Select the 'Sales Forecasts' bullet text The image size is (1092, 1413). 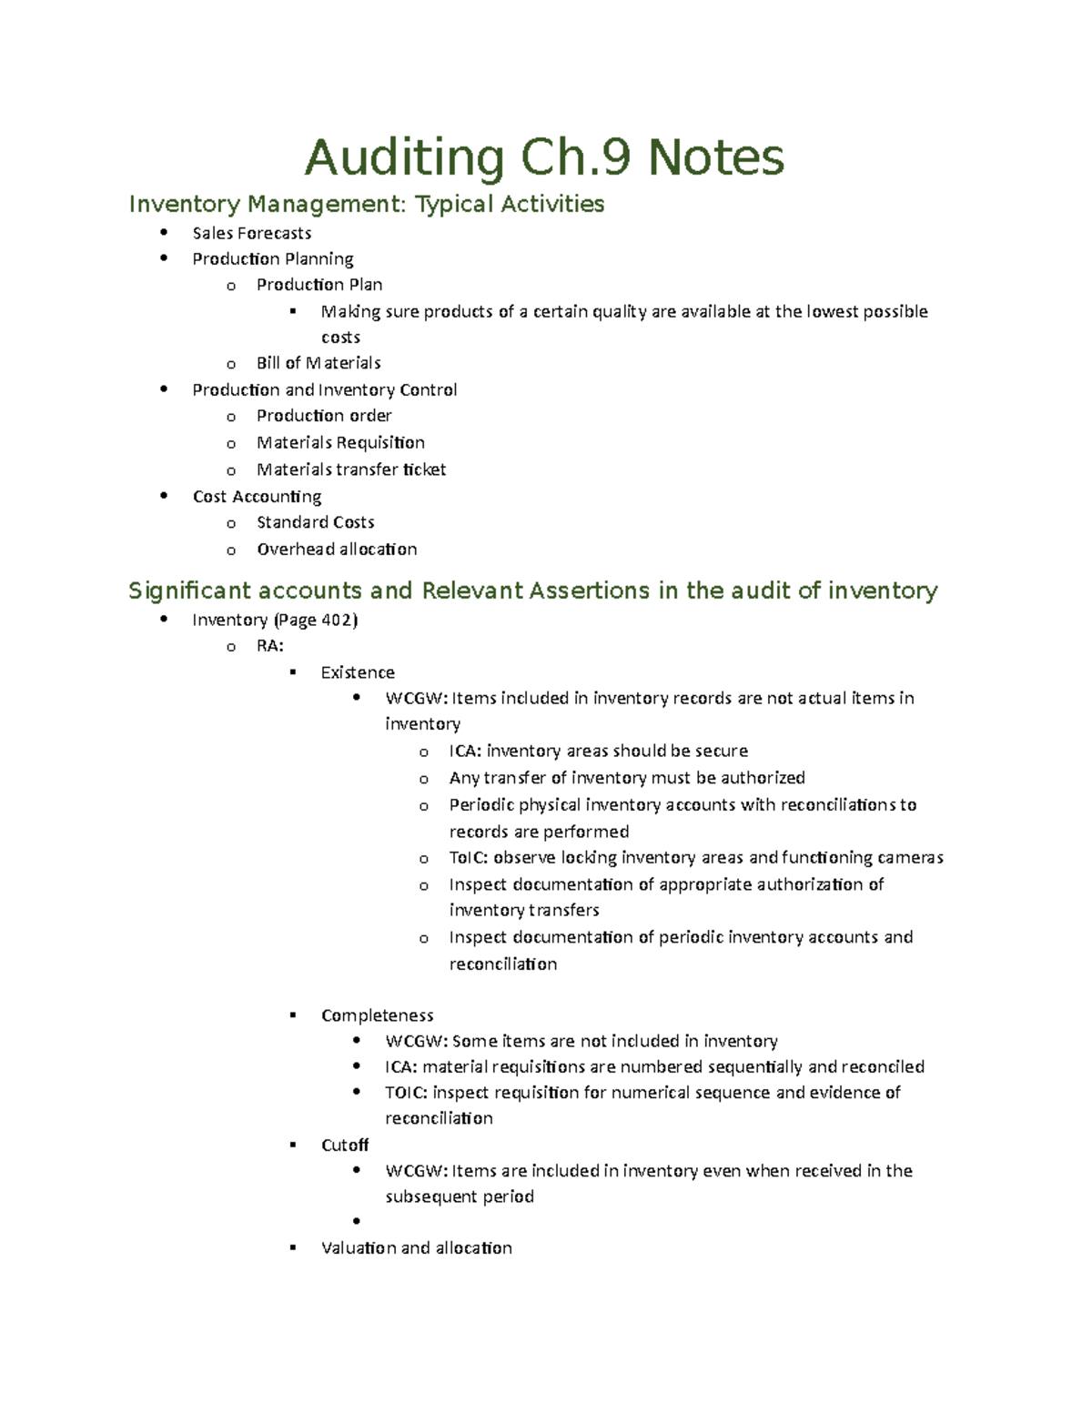point(252,233)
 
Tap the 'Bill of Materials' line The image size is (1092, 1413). point(318,363)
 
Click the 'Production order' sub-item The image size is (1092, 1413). point(324,416)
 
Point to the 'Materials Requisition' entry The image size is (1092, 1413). point(340,443)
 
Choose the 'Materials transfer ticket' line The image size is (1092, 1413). point(351,469)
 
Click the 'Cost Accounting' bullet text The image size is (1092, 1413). point(257,497)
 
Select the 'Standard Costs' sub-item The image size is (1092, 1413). point(315,522)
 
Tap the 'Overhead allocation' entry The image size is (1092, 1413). point(337,550)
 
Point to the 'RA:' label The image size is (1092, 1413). point(270,646)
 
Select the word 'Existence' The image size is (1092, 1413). point(358,672)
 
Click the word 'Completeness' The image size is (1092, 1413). point(377,1015)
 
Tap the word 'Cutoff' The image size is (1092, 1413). point(345,1146)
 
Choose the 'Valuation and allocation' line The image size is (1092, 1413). point(417,1248)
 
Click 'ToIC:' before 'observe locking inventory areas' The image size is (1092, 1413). point(468,858)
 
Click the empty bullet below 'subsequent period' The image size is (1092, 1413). point(357,1222)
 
